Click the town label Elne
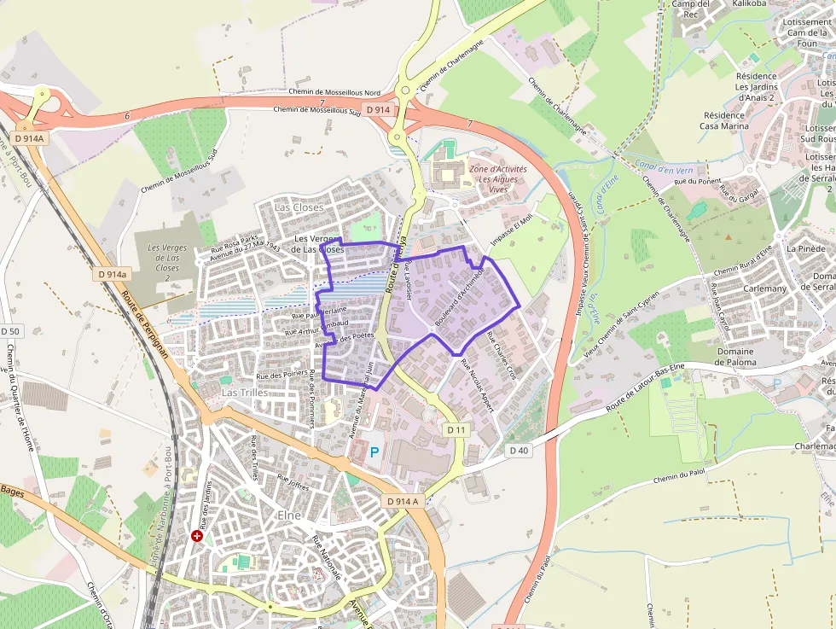click(290, 516)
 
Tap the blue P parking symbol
click(374, 451)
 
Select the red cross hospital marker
click(198, 536)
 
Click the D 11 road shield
click(456, 430)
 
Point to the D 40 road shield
click(519, 450)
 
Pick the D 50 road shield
click(10, 331)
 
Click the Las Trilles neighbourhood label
click(245, 392)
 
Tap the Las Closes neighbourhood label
click(299, 207)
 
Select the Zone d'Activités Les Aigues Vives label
click(497, 180)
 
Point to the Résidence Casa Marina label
click(724, 120)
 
